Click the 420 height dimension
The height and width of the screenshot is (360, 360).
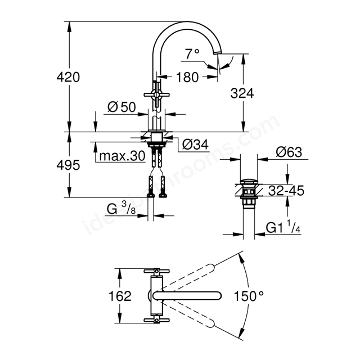68,77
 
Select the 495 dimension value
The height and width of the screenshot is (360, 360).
68,165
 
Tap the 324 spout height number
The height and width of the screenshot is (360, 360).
242,93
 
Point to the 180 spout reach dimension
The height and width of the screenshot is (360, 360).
187,77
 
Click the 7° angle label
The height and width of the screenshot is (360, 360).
192,54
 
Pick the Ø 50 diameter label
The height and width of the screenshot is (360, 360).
121,107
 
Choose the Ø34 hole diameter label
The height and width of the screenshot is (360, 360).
196,145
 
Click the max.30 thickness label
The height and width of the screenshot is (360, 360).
122,156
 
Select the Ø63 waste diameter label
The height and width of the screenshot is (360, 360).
289,152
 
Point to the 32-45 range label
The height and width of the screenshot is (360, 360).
286,190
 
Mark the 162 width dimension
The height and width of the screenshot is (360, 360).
120,296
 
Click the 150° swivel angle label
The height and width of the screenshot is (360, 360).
249,296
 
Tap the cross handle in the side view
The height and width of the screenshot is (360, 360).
156,94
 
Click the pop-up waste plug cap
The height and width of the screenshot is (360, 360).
249,182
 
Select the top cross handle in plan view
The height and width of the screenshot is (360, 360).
156,271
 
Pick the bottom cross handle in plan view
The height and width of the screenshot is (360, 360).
156,320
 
